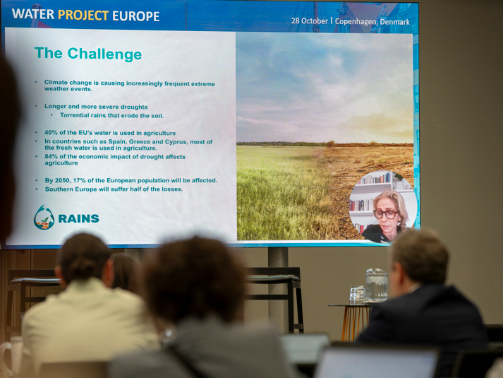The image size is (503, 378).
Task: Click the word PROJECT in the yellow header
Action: (83, 15)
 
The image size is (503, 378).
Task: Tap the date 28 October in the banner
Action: (310, 21)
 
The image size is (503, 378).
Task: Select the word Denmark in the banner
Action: (394, 22)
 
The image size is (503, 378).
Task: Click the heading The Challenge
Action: (88, 54)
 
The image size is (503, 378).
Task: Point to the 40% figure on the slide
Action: (50, 133)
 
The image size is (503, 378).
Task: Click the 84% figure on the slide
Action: (51, 156)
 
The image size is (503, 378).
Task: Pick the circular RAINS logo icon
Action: (44, 218)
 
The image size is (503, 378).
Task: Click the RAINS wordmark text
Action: (78, 219)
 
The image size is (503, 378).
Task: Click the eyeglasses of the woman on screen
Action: (385, 214)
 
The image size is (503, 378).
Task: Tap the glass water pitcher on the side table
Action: (377, 285)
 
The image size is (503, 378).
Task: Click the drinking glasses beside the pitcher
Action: (357, 295)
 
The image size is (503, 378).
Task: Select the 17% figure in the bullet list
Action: (79, 180)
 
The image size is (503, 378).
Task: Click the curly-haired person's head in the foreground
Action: (193, 280)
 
